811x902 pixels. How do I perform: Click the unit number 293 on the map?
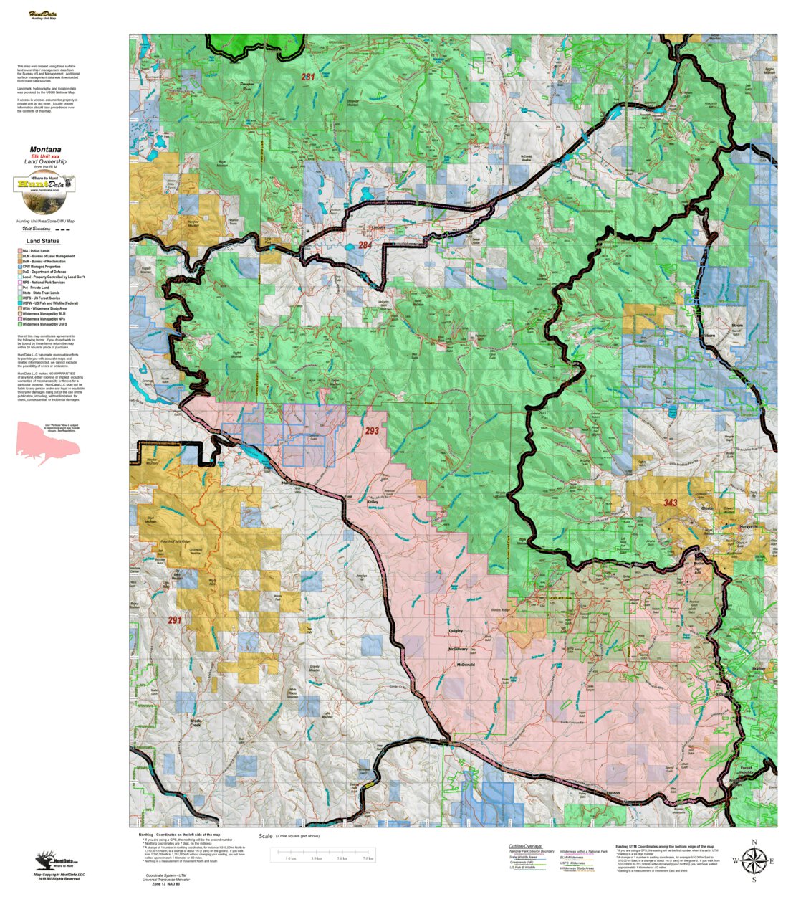371,431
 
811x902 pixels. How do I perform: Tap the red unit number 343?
670,503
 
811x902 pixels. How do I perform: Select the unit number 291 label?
175,619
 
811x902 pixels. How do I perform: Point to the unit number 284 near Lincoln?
365,245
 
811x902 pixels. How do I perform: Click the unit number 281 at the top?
308,77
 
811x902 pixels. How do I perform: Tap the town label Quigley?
456,631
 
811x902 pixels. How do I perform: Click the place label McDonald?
466,665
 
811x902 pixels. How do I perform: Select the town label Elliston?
613,793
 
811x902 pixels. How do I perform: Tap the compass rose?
754,860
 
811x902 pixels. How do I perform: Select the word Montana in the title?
45,150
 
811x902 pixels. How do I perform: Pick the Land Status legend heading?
43,242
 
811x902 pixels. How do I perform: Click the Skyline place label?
758,668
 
